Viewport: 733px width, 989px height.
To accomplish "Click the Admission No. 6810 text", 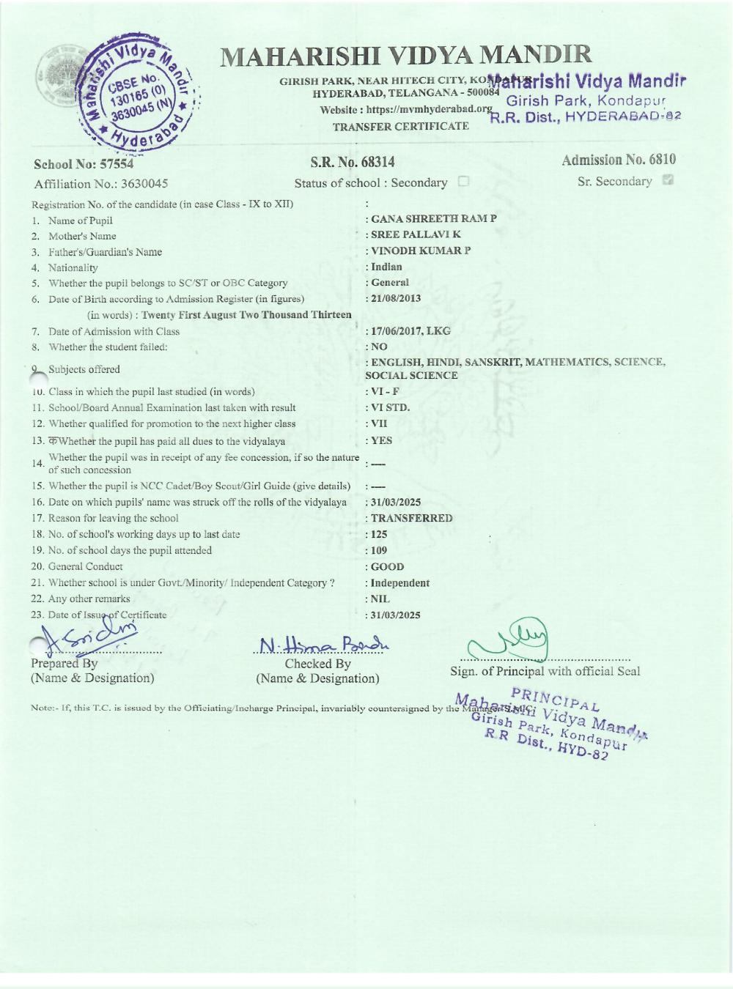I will click(619, 160).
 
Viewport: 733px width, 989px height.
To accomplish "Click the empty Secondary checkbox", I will click(463, 182).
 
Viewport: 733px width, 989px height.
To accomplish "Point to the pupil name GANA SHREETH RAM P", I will click(433, 219).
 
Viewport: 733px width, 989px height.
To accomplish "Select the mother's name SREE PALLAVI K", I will click(416, 234).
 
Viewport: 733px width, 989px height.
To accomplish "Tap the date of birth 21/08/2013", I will click(396, 299).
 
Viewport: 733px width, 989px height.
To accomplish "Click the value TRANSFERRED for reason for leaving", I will click(411, 518).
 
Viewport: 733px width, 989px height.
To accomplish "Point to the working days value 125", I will click(379, 534).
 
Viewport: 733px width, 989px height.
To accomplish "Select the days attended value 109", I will click(379, 550).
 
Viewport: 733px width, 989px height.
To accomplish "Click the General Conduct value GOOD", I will click(387, 566).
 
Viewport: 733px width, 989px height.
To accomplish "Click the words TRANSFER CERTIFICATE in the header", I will click(401, 126).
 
